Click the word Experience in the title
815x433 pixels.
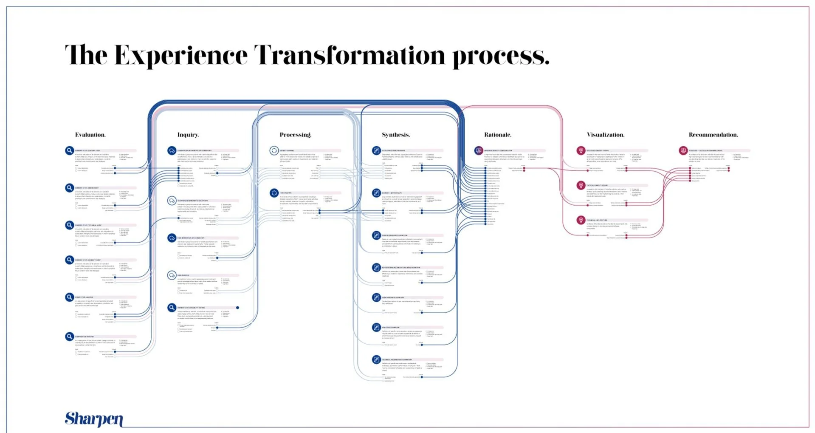(180, 56)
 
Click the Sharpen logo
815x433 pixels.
(94, 419)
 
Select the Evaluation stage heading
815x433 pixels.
(90, 135)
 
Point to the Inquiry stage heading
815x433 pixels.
(188, 135)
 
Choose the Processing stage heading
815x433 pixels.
(295, 135)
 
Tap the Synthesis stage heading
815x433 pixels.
(396, 135)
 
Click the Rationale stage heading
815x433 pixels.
(498, 135)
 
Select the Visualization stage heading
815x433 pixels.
(605, 135)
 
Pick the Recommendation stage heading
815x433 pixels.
(713, 135)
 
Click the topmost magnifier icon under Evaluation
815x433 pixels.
(70, 150)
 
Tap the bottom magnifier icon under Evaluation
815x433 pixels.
(70, 337)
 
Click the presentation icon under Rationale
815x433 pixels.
(479, 150)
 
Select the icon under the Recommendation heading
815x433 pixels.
(683, 150)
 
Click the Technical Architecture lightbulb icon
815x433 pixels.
(581, 220)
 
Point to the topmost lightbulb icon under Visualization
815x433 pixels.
(581, 150)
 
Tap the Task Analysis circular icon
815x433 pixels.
(274, 193)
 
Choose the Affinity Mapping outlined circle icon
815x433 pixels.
(274, 150)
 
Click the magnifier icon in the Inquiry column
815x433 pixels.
(172, 307)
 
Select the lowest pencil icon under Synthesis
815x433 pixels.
(376, 359)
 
